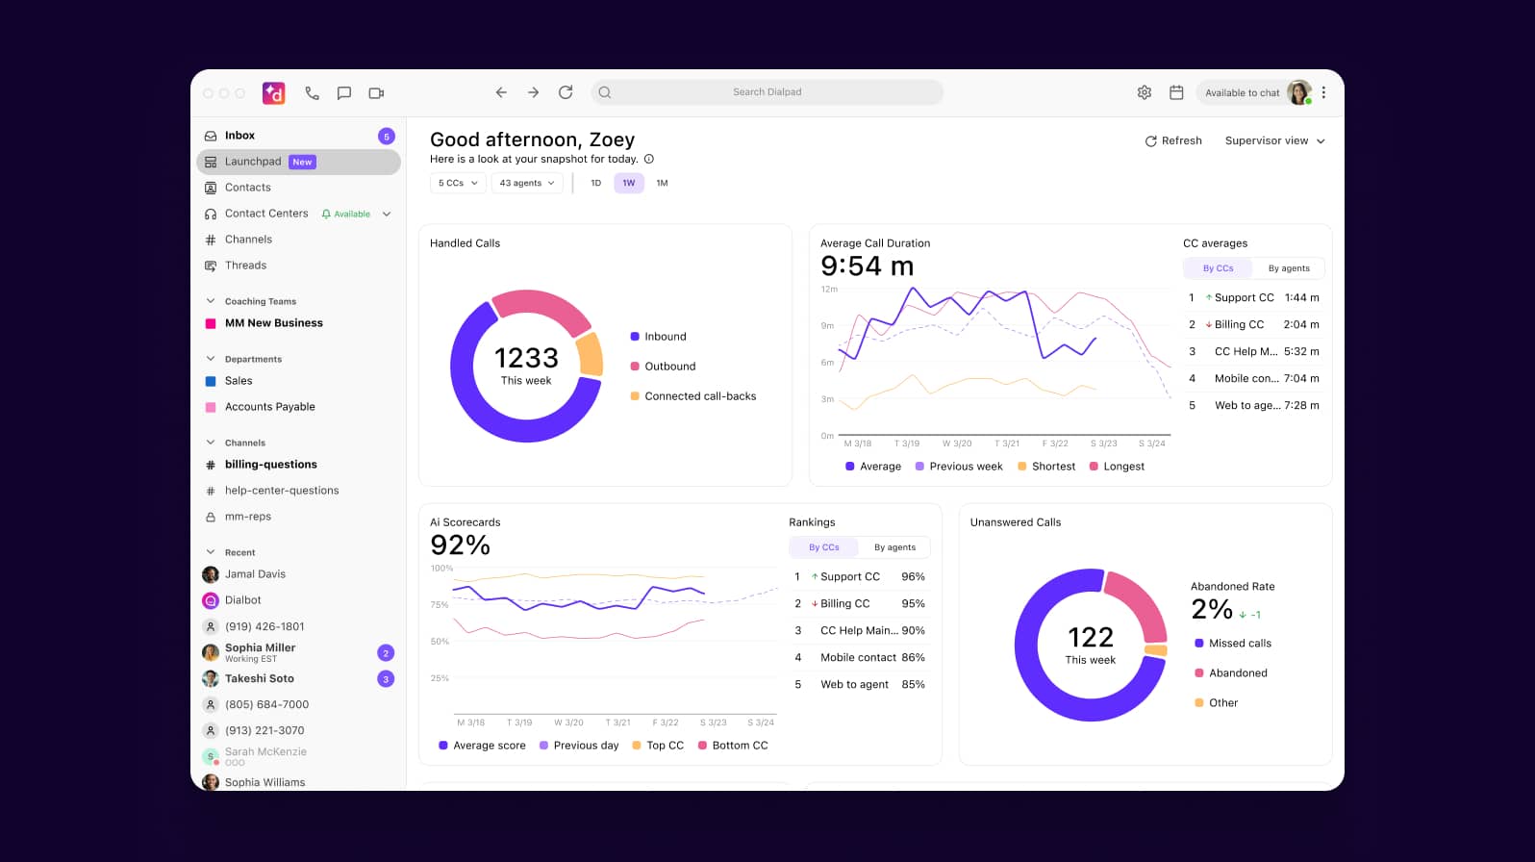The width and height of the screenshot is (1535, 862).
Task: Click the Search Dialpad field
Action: pyautogui.click(x=767, y=92)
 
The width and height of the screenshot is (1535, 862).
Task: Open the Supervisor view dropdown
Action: pyautogui.click(x=1274, y=140)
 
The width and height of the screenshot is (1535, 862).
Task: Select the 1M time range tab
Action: pyautogui.click(x=662, y=183)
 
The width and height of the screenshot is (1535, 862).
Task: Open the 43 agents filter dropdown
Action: pyautogui.click(x=526, y=183)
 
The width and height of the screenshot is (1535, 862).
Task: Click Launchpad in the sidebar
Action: pyautogui.click(x=254, y=162)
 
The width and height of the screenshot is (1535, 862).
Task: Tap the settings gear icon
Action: pyautogui.click(x=1144, y=92)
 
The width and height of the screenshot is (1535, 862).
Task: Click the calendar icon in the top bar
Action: pyautogui.click(x=1175, y=92)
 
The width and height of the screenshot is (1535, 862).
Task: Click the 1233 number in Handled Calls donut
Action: pyautogui.click(x=526, y=358)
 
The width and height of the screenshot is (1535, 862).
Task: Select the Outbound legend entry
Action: pyautogui.click(x=669, y=367)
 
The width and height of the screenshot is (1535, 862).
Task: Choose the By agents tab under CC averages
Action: pyautogui.click(x=1288, y=268)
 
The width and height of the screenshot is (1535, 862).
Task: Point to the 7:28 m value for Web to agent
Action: pyautogui.click(x=1301, y=405)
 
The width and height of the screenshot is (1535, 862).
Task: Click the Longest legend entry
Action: pyautogui.click(x=1122, y=467)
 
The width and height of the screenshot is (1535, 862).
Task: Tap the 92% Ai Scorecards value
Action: pyautogui.click(x=460, y=545)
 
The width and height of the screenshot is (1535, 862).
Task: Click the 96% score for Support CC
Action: pyautogui.click(x=913, y=577)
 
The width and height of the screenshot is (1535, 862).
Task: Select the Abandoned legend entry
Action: pyautogui.click(x=1237, y=673)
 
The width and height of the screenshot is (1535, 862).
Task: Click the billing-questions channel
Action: pyautogui.click(x=270, y=465)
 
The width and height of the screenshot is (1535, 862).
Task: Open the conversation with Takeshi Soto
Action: pyautogui.click(x=260, y=679)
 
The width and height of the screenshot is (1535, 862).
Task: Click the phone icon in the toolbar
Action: pyautogui.click(x=312, y=93)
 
